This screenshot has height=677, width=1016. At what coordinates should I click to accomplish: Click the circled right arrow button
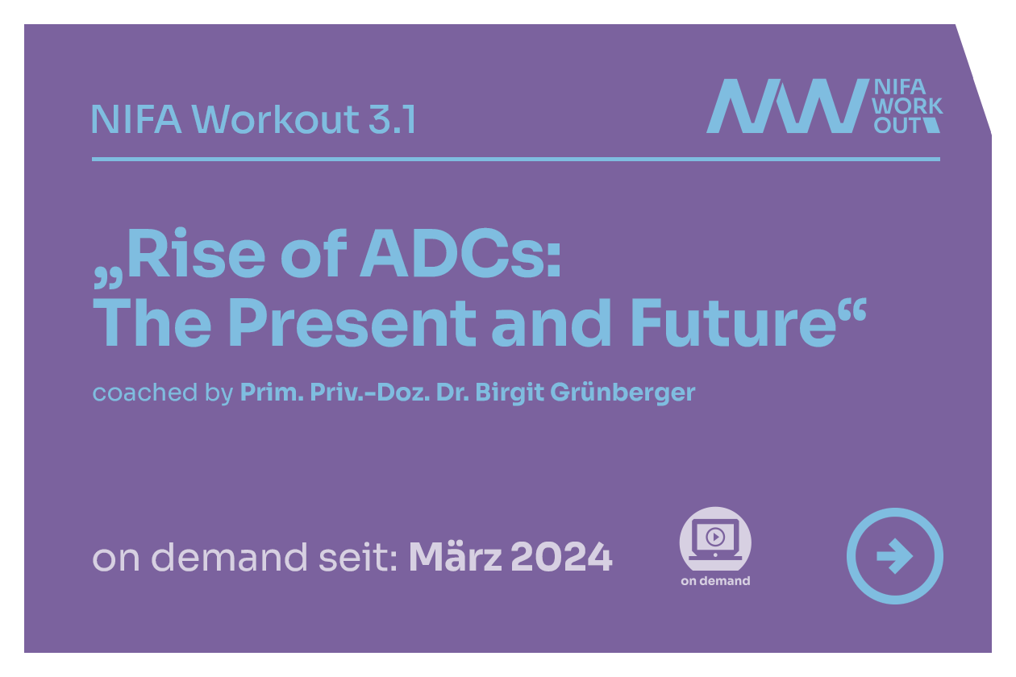pyautogui.click(x=894, y=556)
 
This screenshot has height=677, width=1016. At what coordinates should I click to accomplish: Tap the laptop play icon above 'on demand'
pyautogui.click(x=715, y=539)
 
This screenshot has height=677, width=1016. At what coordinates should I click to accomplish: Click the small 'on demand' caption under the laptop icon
pyautogui.click(x=715, y=581)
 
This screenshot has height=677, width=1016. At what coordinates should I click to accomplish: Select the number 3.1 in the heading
pyautogui.click(x=392, y=118)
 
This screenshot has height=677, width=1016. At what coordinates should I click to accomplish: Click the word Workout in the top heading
pyautogui.click(x=275, y=118)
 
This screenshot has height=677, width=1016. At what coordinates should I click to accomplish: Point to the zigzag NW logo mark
pyautogui.click(x=787, y=106)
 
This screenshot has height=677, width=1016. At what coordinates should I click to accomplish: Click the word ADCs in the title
pyautogui.click(x=461, y=252)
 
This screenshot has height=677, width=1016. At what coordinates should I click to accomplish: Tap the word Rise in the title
pyautogui.click(x=196, y=252)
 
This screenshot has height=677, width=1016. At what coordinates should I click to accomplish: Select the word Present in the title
pyautogui.click(x=352, y=323)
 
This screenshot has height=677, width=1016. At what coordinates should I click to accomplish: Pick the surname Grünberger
pyautogui.click(x=623, y=392)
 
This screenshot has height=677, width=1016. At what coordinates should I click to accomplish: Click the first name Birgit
pyautogui.click(x=510, y=392)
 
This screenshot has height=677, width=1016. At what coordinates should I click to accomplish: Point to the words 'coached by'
pyautogui.click(x=163, y=392)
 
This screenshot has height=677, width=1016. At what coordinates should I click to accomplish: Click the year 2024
pyautogui.click(x=561, y=557)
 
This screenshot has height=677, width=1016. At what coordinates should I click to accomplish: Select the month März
pyautogui.click(x=456, y=556)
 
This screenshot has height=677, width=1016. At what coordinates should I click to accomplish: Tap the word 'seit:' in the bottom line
pyautogui.click(x=358, y=557)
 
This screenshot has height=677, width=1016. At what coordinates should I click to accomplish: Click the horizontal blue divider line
pyautogui.click(x=516, y=159)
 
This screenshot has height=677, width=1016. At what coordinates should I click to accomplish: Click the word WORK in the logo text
pyautogui.click(x=907, y=106)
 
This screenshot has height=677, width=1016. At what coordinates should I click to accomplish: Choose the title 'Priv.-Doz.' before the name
pyautogui.click(x=369, y=392)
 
